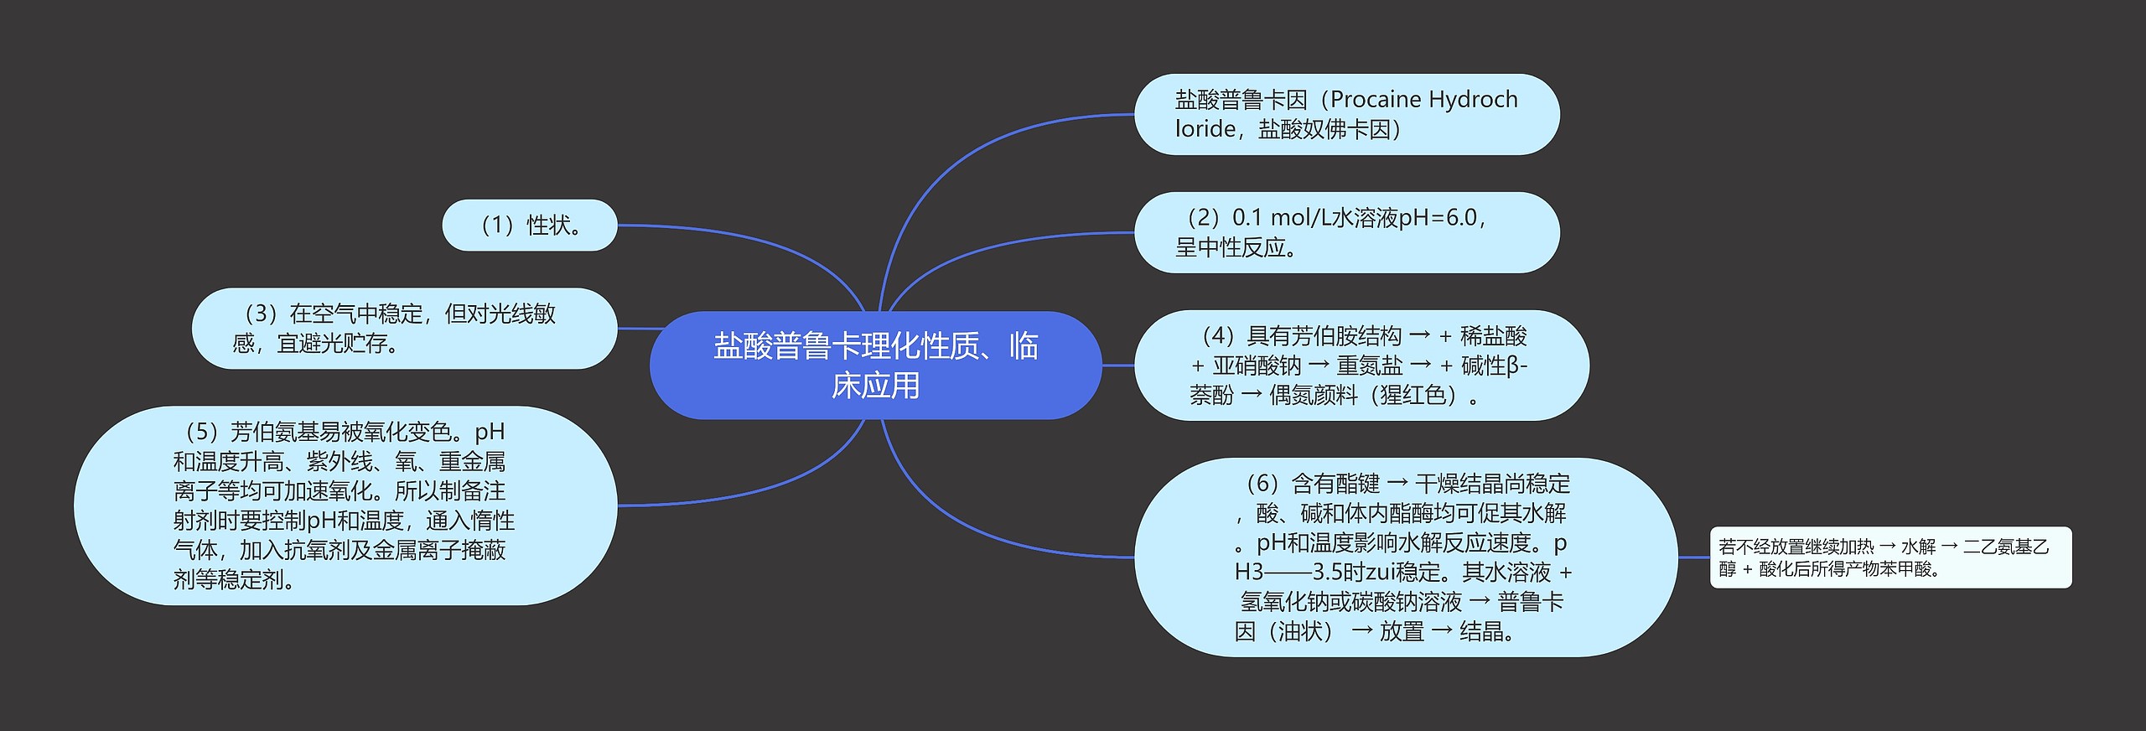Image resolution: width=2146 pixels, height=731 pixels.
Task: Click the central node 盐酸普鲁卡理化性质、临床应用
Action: point(875,365)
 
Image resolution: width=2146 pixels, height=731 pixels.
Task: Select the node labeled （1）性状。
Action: point(529,225)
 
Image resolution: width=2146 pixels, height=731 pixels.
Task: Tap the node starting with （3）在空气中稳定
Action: point(404,329)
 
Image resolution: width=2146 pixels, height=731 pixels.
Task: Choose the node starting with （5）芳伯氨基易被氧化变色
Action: point(345,505)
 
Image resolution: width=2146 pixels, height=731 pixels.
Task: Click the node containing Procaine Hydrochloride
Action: point(1346,114)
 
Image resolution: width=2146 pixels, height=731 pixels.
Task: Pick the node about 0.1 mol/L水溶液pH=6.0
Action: point(1346,232)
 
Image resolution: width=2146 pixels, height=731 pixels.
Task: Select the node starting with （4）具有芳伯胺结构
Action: point(1361,365)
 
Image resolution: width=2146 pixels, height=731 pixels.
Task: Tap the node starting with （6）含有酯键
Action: point(1405,557)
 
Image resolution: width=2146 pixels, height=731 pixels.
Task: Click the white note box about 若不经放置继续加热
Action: point(1890,557)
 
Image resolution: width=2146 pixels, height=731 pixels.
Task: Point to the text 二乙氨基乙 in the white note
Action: point(2006,547)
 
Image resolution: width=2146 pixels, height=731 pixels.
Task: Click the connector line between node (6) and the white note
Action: point(1693,557)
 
